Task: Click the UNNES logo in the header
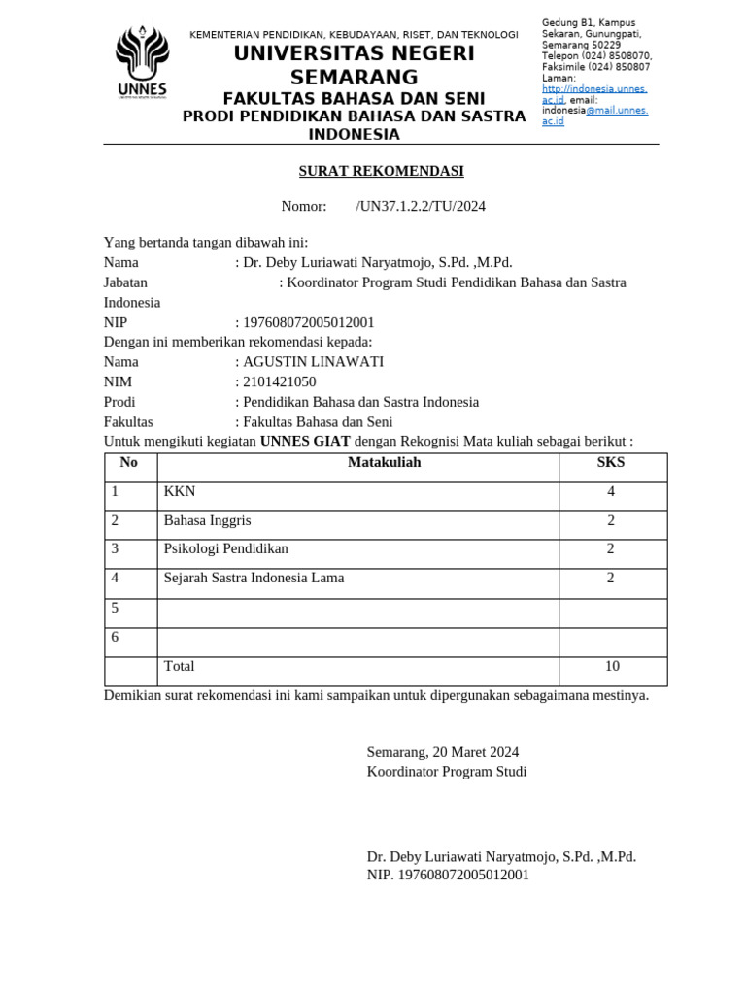click(x=142, y=60)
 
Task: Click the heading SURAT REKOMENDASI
click(x=381, y=172)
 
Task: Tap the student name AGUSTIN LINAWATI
click(x=313, y=362)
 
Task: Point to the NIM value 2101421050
click(x=279, y=382)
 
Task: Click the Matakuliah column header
click(x=385, y=463)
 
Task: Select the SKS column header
click(x=611, y=463)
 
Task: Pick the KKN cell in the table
click(x=180, y=492)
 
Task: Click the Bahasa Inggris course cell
click(x=207, y=521)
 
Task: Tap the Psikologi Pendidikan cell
click(x=226, y=549)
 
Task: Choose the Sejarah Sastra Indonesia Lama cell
click(x=254, y=579)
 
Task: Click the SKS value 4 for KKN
click(x=611, y=492)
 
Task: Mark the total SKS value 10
click(x=612, y=667)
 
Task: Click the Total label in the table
click(x=180, y=667)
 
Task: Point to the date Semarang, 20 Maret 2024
click(x=443, y=752)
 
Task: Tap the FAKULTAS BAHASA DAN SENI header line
click(x=354, y=99)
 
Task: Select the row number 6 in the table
click(x=115, y=638)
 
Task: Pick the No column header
click(x=129, y=463)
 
